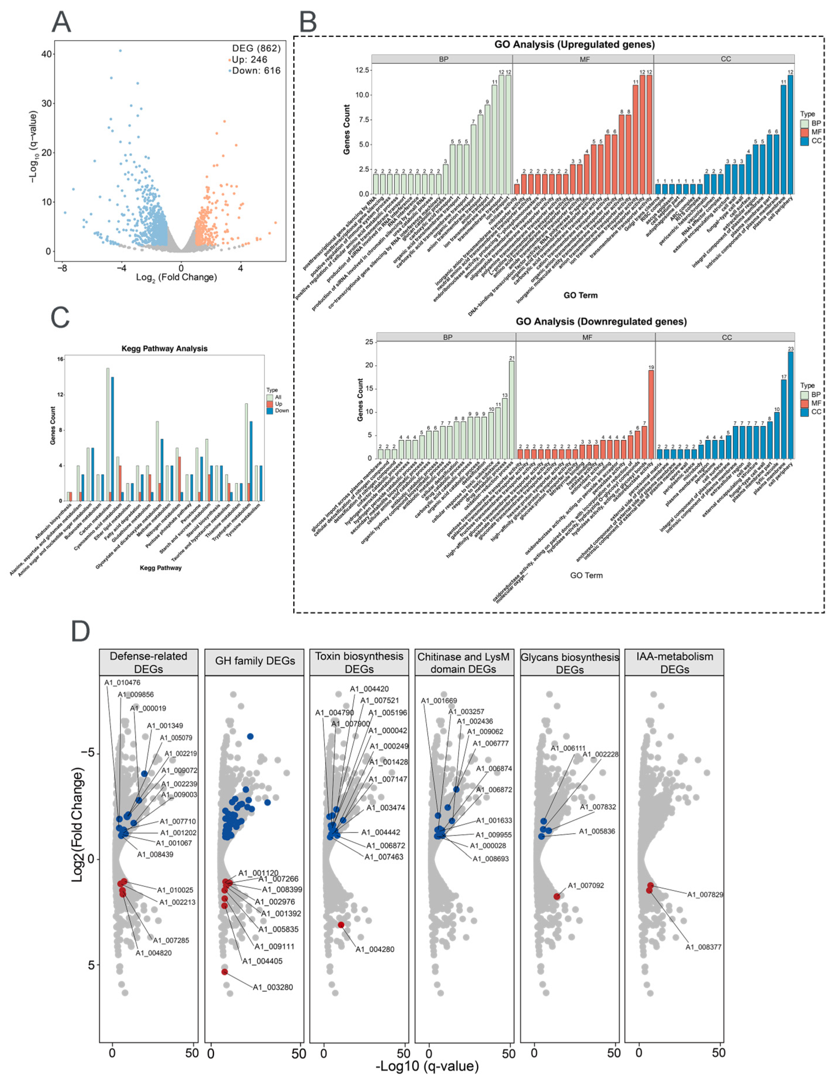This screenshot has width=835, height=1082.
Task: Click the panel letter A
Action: pos(62,22)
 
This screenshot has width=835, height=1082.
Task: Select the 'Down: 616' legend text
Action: pos(256,71)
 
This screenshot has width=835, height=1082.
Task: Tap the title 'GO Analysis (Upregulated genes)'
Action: pos(574,45)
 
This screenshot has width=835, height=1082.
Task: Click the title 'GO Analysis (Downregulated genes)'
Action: pos(601,321)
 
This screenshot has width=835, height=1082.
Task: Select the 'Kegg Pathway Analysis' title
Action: pos(164,349)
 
